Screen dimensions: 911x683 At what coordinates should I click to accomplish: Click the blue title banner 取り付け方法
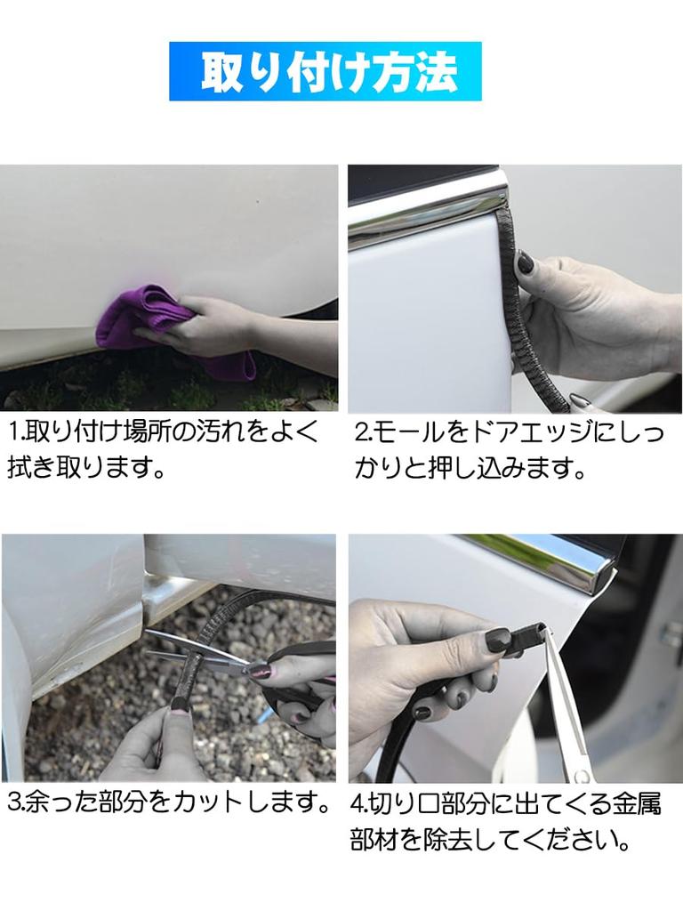point(325,71)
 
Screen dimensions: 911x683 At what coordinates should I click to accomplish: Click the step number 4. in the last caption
point(359,804)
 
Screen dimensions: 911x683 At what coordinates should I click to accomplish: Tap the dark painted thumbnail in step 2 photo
point(525,262)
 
